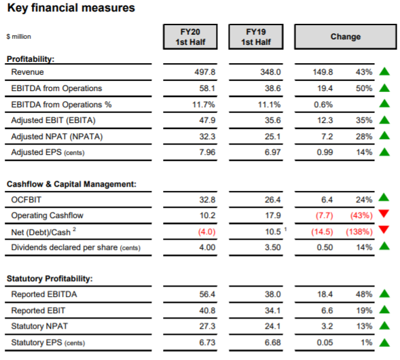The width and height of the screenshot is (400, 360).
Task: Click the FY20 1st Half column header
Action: (x=190, y=37)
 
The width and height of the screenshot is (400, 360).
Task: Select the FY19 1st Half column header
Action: (x=256, y=37)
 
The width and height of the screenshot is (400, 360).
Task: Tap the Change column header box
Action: (x=346, y=37)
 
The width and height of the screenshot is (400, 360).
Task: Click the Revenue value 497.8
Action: (x=205, y=72)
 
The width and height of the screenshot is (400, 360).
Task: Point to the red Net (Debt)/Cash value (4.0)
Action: (x=206, y=232)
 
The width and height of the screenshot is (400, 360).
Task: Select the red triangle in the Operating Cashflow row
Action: (x=384, y=213)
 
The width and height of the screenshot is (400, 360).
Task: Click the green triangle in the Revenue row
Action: (x=384, y=71)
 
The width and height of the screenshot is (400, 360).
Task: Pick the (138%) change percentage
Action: (x=359, y=232)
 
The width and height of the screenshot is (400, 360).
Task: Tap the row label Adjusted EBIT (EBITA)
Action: (x=54, y=120)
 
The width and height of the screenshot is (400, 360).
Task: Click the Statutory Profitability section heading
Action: (x=50, y=278)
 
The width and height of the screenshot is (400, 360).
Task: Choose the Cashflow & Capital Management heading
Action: (x=71, y=184)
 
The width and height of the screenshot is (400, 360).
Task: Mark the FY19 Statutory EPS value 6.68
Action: (x=272, y=342)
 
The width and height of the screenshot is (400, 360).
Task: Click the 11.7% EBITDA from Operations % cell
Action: (x=204, y=105)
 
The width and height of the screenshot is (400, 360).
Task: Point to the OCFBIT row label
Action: (x=26, y=200)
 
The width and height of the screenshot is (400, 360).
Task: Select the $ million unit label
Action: (x=19, y=37)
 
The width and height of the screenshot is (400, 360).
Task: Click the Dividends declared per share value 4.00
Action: (x=207, y=247)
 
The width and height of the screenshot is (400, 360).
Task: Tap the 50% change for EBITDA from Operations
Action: (x=364, y=88)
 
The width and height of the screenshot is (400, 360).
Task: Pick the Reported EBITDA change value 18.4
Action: (x=325, y=294)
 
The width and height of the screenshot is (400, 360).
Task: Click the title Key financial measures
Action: (x=71, y=7)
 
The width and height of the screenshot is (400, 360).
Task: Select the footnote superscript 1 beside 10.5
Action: (x=285, y=229)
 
